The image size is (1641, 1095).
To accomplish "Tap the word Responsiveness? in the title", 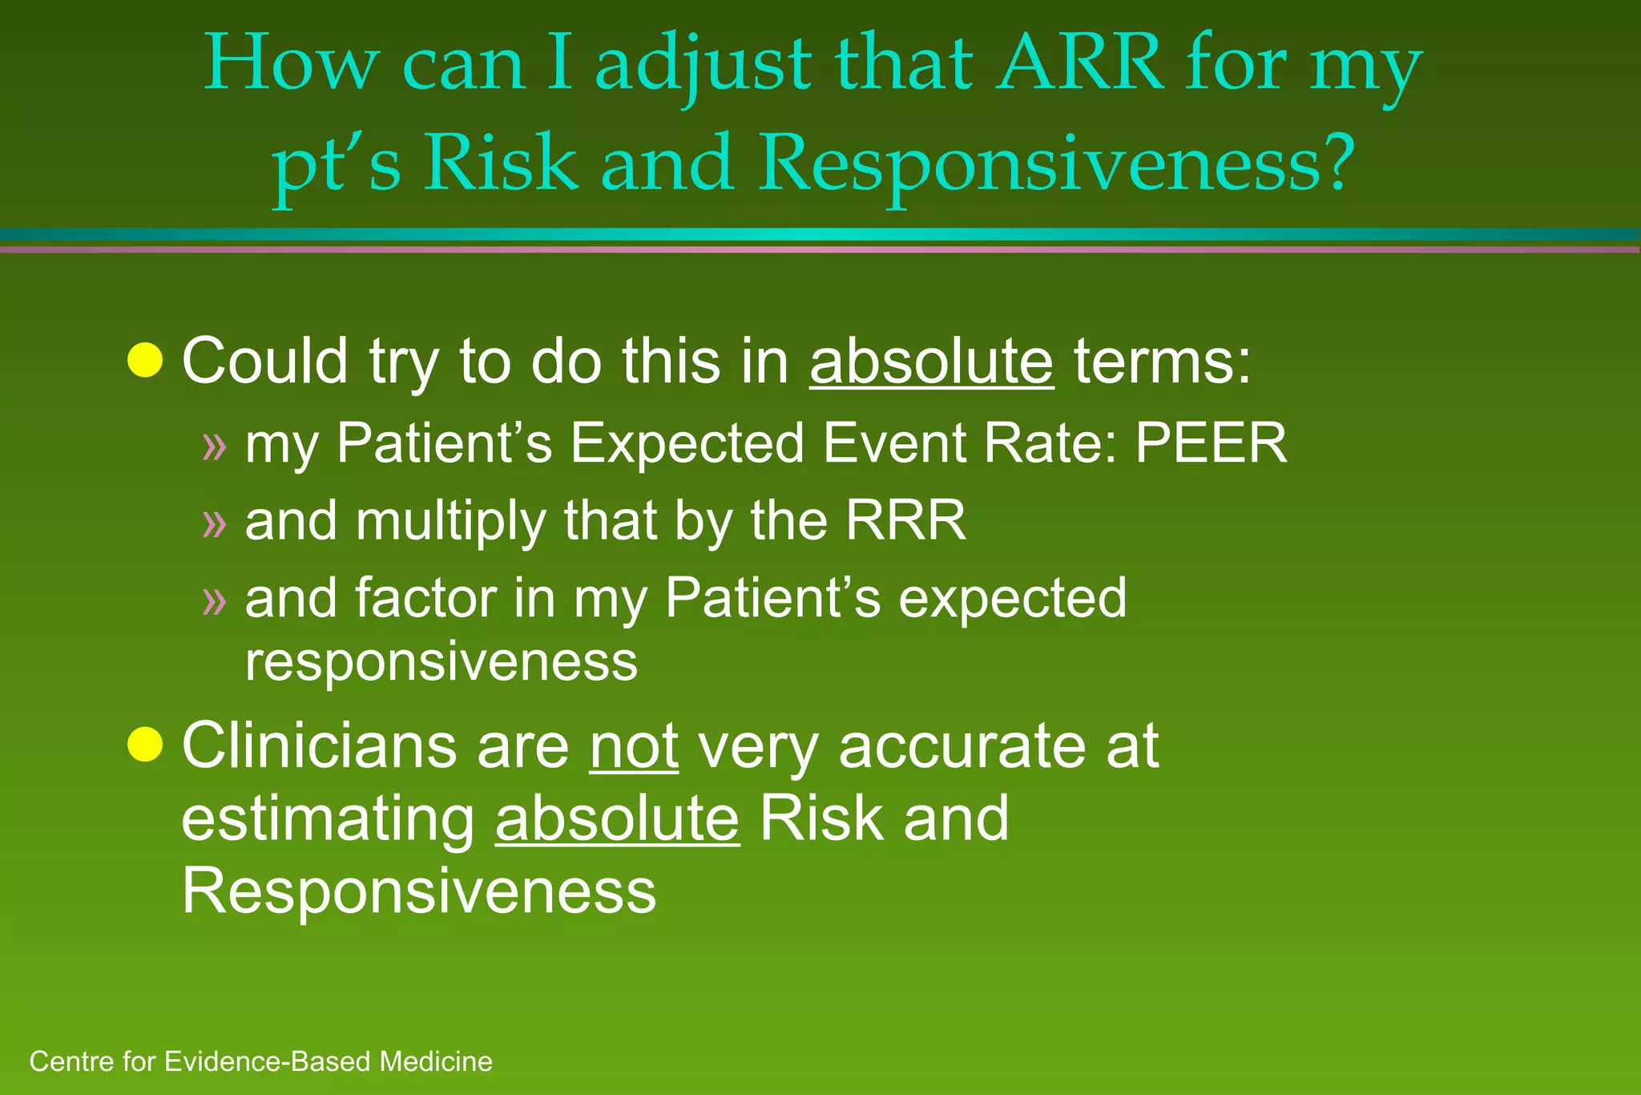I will point(1057,163).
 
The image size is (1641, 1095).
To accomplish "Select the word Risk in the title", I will point(499,163).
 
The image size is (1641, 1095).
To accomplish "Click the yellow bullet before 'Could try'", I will point(145,360).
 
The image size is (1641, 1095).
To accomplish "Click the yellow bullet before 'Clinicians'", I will point(145,745).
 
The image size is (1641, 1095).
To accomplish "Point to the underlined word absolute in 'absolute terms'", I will point(931,361).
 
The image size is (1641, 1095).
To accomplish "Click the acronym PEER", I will point(1211,442).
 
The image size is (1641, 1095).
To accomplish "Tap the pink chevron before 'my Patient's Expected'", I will point(215,446).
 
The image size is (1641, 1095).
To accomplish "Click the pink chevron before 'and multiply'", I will point(215,524).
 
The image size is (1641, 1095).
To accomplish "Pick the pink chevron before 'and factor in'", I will point(215,601).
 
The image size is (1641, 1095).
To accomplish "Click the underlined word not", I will point(634,746).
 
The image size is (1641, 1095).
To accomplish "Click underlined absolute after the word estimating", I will point(617,818).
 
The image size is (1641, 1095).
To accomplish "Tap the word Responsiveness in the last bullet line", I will point(418,891).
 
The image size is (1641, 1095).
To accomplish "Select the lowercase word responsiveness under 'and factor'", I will point(441,661).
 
